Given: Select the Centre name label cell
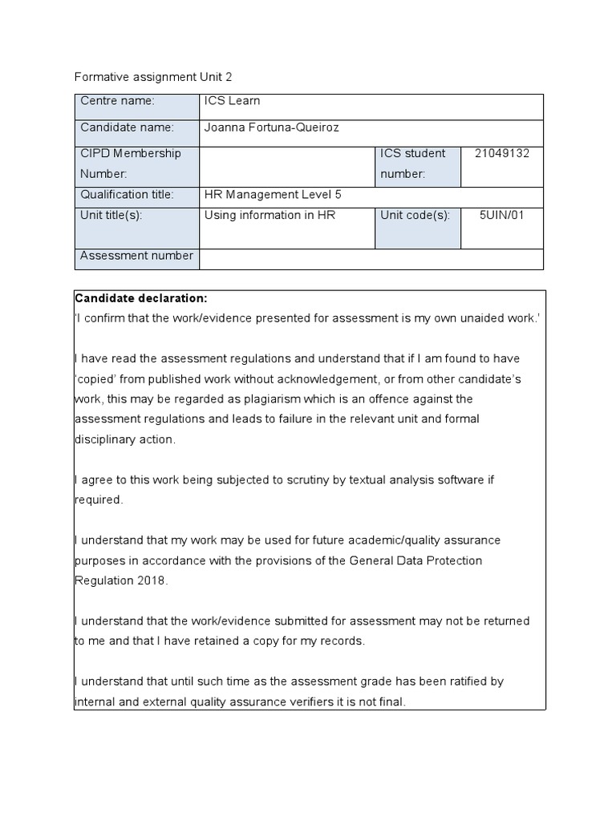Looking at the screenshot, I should (x=136, y=107).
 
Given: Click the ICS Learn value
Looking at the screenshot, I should (x=233, y=101).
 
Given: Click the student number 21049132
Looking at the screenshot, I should (x=502, y=154).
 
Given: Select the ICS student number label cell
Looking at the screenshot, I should (x=418, y=163).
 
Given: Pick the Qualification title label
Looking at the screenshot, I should (x=125, y=194).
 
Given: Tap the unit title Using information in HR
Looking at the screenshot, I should (x=270, y=215).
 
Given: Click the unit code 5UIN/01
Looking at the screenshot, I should (x=502, y=215).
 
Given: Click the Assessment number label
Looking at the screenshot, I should (x=136, y=256).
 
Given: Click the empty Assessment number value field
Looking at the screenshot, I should (x=371, y=258).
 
